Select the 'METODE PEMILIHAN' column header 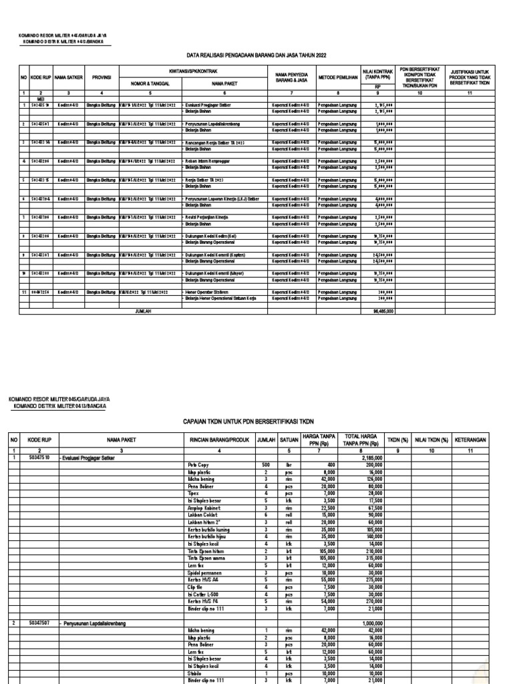click(x=337, y=76)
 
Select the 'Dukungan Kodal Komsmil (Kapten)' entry click(x=217, y=254)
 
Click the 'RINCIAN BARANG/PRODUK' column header click(x=218, y=441)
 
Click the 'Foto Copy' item click(x=197, y=464)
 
